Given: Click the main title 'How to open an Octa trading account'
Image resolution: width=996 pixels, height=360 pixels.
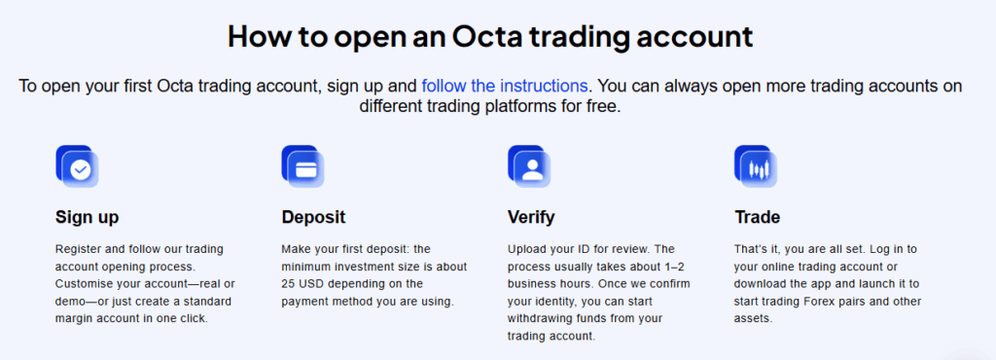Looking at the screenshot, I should [x=490, y=37].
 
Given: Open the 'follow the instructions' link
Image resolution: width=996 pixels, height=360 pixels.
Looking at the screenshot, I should [x=504, y=86].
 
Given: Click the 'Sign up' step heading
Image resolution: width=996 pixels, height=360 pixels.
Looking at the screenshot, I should [x=88, y=217].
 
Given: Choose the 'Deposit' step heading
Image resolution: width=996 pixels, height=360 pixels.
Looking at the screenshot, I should [x=313, y=217].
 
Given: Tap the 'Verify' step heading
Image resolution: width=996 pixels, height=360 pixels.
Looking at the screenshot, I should [x=531, y=217].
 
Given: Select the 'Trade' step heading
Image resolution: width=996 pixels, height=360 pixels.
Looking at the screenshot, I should [x=757, y=217].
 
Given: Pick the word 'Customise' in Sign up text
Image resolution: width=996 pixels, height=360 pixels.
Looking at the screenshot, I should [x=87, y=283].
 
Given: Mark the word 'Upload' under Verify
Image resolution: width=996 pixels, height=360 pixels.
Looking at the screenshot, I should [x=526, y=248].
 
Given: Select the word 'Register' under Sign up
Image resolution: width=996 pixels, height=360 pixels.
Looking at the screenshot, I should [x=78, y=248].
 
